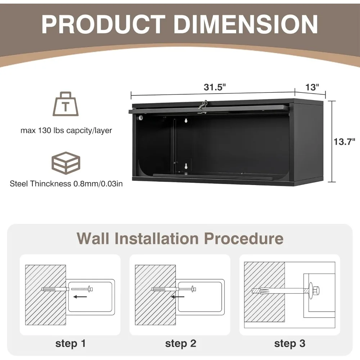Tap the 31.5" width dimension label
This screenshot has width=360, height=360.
tap(215, 87)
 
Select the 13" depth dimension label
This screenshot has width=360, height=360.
tap(312, 87)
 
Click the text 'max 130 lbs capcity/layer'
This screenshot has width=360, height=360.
tap(66, 130)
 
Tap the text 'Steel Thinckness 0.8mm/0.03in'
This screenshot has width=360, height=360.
tap(66, 184)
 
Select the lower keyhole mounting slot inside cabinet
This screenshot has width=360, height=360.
tap(186, 166)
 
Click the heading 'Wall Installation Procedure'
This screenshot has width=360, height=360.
tap(180, 238)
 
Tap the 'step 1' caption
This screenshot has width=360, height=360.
tap(71, 343)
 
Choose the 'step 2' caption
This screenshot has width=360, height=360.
tap(181, 343)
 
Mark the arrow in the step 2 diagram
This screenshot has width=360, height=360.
tap(178, 297)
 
